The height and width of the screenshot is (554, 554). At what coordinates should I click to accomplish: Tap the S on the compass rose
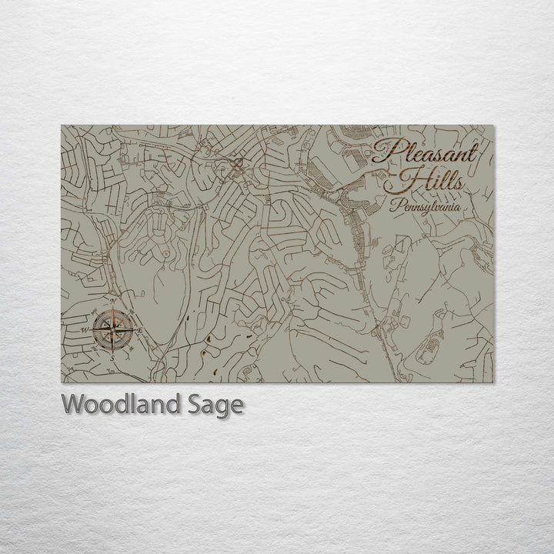click(112, 357)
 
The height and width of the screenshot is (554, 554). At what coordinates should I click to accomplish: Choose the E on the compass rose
click(142, 330)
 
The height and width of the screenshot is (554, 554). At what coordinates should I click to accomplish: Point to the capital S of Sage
click(192, 404)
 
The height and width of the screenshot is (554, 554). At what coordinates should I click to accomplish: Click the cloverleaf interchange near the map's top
click(238, 164)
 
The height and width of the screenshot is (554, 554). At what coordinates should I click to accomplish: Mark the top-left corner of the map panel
click(62, 125)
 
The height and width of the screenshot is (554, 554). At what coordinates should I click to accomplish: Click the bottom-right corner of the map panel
click(494, 382)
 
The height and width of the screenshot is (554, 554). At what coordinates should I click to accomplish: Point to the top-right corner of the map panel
click(494, 125)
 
